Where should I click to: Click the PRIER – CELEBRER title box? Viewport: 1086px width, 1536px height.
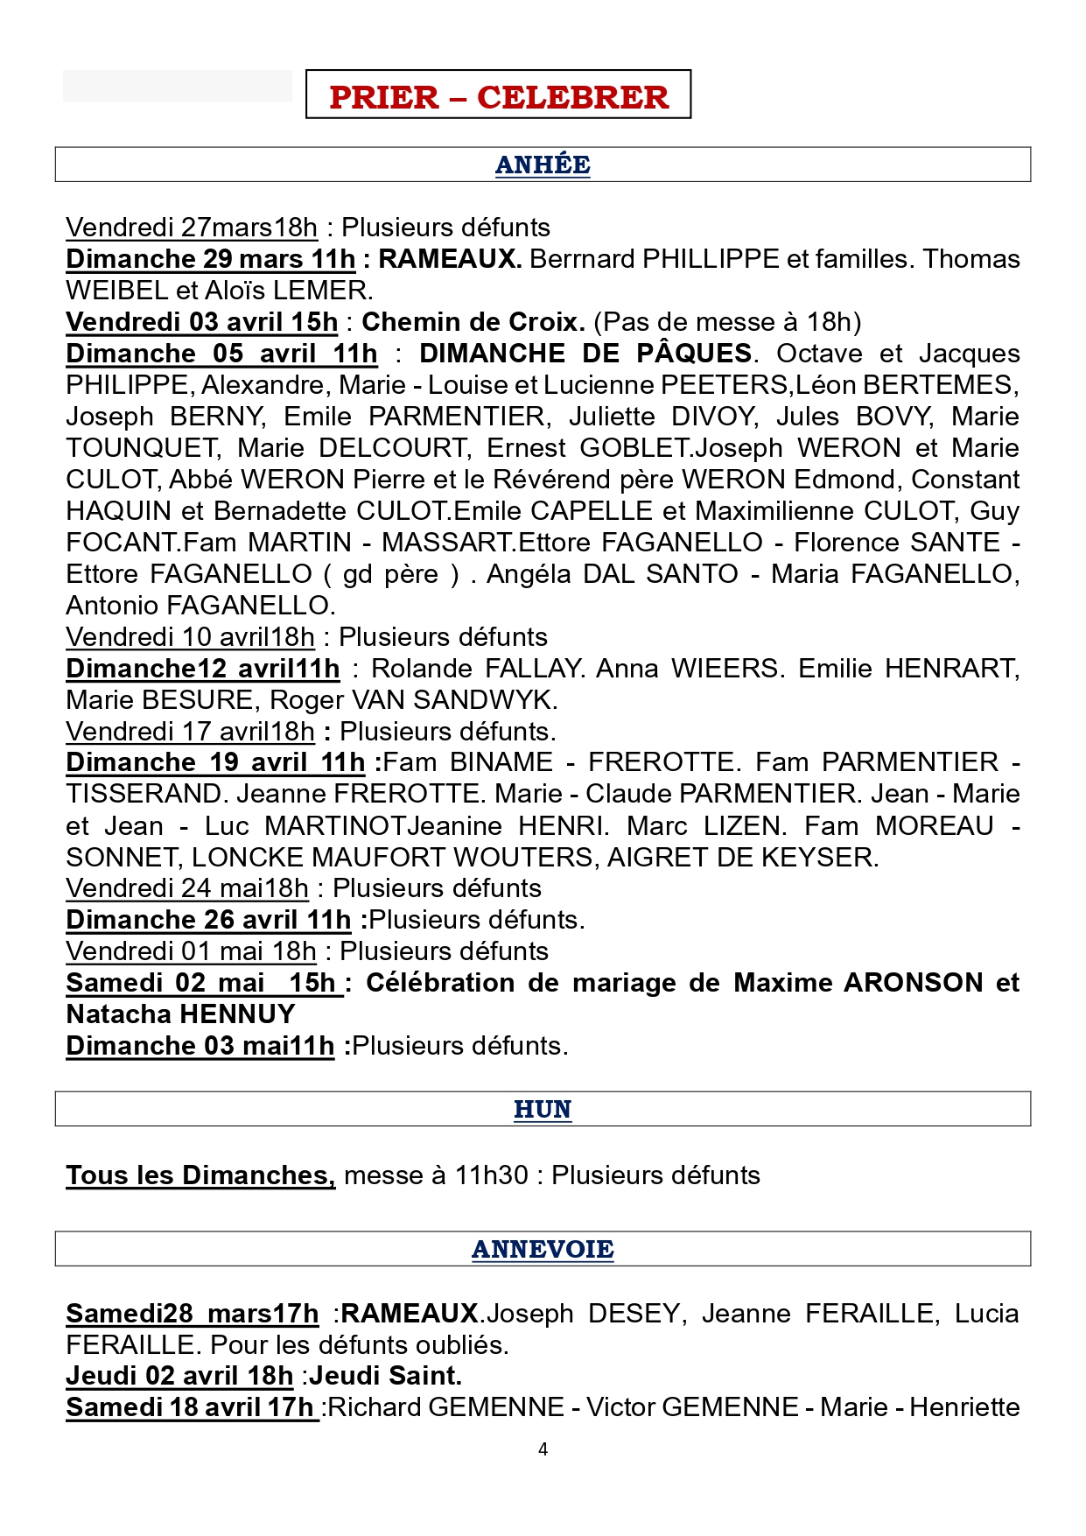[498, 95]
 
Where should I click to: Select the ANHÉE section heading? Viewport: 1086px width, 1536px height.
[543, 165]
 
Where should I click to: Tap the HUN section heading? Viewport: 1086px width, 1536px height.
[543, 1109]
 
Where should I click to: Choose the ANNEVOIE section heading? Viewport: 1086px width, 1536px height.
[543, 1249]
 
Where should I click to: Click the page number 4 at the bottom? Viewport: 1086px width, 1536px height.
[543, 1449]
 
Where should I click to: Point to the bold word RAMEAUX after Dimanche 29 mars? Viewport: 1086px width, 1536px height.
[449, 259]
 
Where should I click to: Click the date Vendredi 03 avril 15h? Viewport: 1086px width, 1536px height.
[201, 322]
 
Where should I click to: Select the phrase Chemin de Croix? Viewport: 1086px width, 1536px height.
[473, 322]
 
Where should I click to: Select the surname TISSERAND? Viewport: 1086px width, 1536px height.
[145, 794]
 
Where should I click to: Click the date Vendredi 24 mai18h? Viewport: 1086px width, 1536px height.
[187, 888]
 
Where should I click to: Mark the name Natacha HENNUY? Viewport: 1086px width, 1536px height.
[180, 1014]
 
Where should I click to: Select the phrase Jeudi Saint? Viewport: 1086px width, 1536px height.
[385, 1376]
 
